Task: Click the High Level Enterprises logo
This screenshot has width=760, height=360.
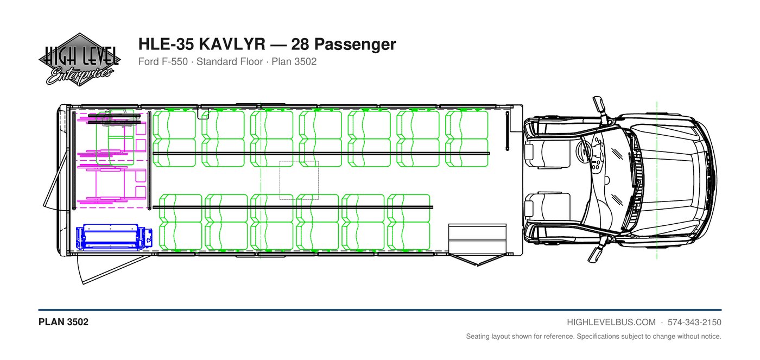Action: [79, 60]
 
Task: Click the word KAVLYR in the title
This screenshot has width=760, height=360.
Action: [232, 44]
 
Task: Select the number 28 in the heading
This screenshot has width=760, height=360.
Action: [300, 44]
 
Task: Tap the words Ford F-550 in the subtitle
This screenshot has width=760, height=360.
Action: [163, 61]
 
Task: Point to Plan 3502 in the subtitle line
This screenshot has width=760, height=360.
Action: [294, 61]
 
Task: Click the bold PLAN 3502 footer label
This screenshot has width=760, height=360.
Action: [64, 322]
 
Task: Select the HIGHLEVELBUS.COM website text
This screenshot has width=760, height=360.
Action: [611, 323]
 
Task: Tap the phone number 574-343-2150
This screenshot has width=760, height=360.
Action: [694, 323]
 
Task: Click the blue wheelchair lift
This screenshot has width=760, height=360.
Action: [114, 237]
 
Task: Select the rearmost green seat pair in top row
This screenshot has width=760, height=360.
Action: [174, 139]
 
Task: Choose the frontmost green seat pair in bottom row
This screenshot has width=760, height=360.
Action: [408, 222]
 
